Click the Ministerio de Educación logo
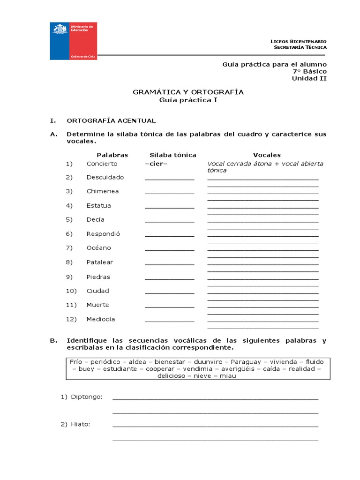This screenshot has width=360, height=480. (74, 41)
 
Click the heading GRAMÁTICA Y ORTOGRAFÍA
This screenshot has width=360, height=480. (188, 92)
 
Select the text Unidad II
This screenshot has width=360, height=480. (309, 78)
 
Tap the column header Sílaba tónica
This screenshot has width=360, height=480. (173, 155)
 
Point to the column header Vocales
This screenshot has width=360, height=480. (267, 155)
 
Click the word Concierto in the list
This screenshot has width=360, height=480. (102, 164)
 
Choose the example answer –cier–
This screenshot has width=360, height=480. (156, 164)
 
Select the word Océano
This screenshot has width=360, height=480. (98, 247)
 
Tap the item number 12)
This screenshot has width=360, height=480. (71, 319)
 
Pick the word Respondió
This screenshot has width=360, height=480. (103, 233)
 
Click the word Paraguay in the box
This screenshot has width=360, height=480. (246, 362)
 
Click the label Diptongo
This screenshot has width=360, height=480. (87, 397)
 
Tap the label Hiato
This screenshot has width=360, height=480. (81, 424)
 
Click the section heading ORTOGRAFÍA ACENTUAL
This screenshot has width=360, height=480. (112, 120)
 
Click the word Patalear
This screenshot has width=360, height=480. (100, 262)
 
